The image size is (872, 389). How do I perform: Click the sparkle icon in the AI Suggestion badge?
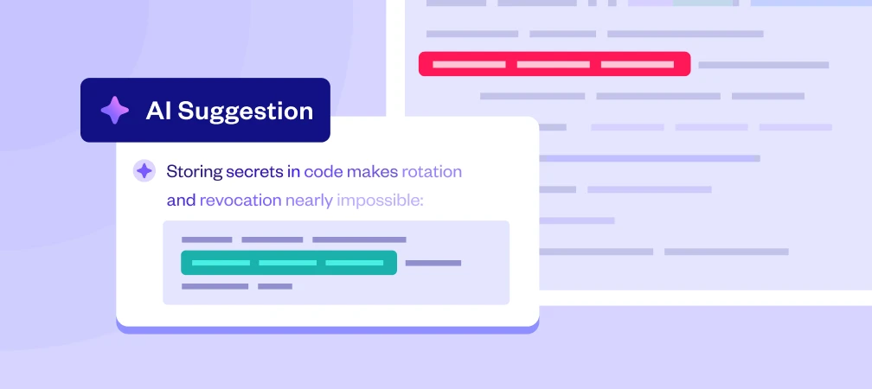coord(114,111)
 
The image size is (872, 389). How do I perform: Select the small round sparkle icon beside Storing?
coord(144,171)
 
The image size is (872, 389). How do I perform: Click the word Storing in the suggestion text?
coord(194,171)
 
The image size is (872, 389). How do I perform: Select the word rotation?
coord(433,171)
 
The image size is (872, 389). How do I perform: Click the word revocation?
coord(240,201)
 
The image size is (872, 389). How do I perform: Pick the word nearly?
coord(309,201)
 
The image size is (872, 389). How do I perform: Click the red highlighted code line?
coord(554,64)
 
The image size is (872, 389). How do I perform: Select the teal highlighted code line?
coord(288,262)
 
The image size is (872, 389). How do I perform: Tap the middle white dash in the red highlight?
coord(554,64)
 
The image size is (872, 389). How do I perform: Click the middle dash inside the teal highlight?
coord(288,262)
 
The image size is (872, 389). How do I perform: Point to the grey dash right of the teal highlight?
coord(433,263)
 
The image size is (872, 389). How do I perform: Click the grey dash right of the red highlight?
coord(763,65)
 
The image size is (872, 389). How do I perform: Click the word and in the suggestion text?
coord(181,201)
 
